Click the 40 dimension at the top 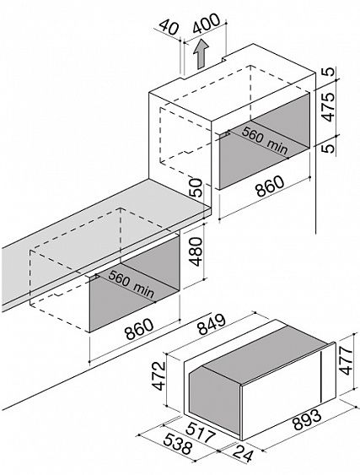pos(169,27)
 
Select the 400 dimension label pos(207,24)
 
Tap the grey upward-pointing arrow pos(201,55)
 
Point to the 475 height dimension pos(328,107)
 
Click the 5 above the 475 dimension pos(329,72)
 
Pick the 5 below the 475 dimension pos(329,148)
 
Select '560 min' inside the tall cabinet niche pos(265,140)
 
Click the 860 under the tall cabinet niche pos(270,186)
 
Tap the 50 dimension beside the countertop pos(196,188)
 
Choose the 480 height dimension pos(196,251)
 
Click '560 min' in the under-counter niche pos(131,283)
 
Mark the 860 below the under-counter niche pos(140,329)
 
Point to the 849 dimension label pos(212,325)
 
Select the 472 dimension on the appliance pos(159,375)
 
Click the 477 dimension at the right pos(346,360)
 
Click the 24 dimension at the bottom pos(243,453)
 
